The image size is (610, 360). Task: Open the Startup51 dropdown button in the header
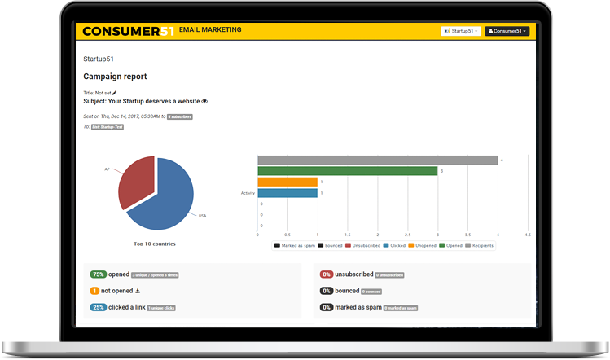[460, 31]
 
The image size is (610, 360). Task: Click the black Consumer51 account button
[507, 31]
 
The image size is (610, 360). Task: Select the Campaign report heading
[115, 76]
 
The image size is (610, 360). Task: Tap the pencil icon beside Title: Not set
[115, 93]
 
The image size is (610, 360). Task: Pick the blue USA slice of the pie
[163, 200]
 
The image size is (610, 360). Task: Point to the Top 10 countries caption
[155, 243]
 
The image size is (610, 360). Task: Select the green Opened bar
[347, 171]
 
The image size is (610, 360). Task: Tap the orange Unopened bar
[287, 182]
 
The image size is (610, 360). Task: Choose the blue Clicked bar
[287, 193]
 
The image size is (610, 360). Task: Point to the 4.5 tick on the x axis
[528, 235]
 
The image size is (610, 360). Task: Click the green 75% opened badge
[99, 274]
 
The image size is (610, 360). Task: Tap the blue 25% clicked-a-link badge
[99, 307]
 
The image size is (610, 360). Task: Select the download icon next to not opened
[138, 291]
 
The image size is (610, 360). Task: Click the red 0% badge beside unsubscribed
[326, 274]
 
